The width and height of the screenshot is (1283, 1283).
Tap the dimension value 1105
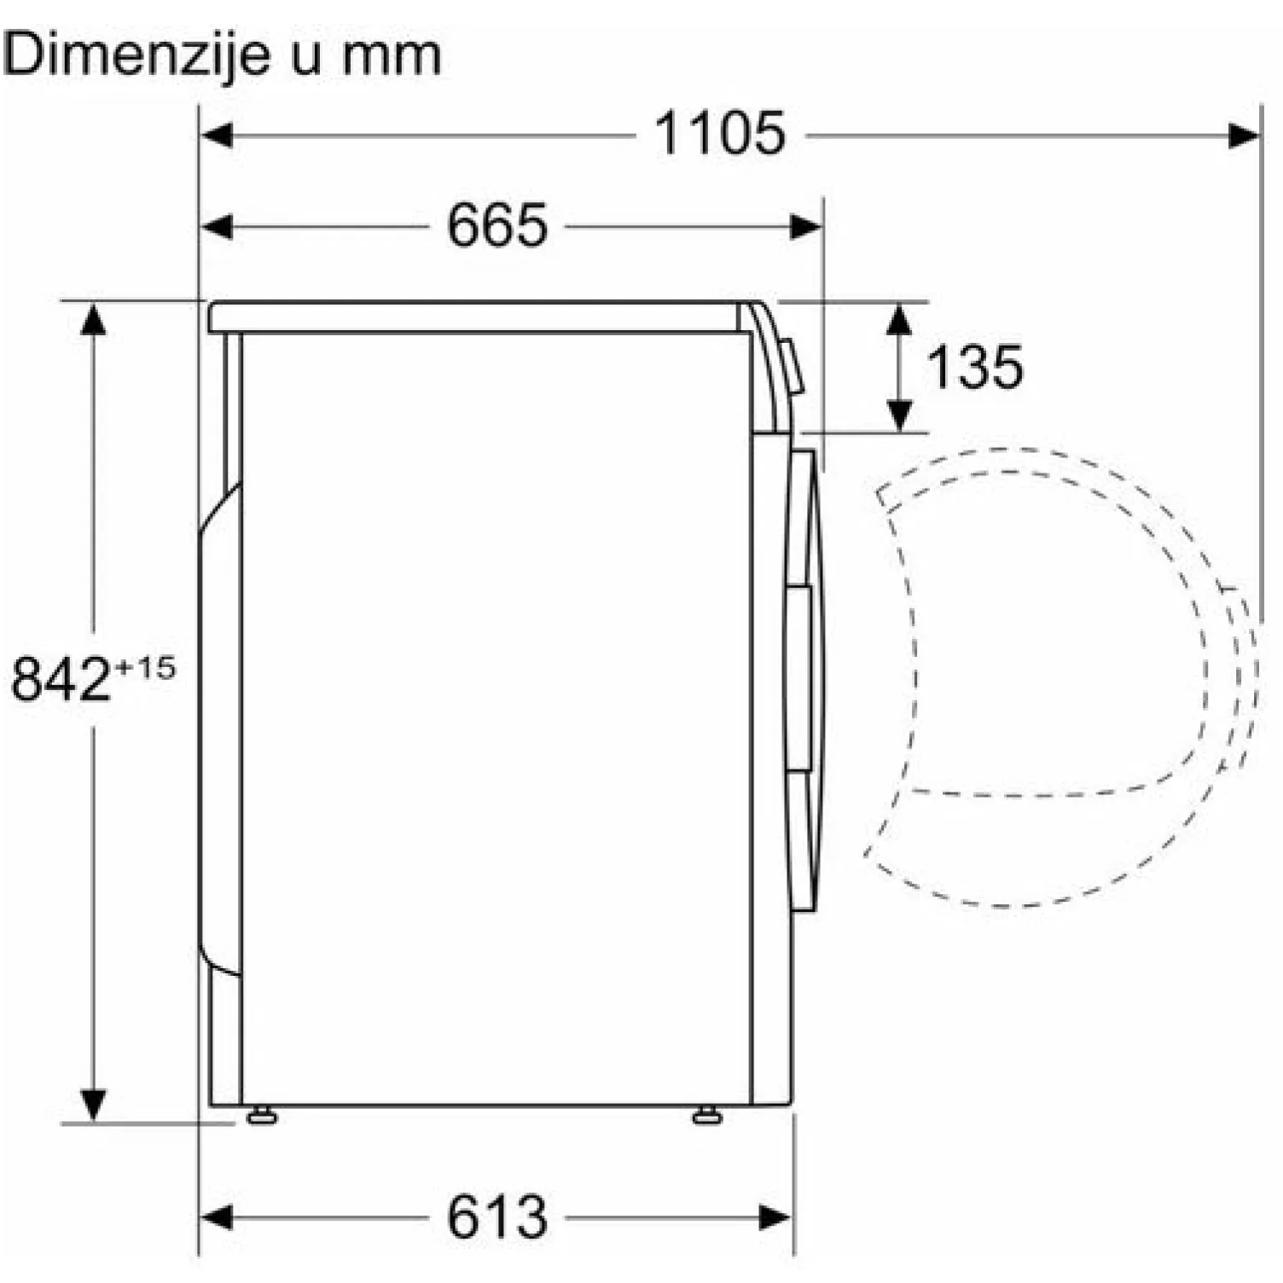click(719, 134)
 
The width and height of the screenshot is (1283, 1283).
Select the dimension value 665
click(496, 227)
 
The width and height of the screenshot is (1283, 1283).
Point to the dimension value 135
click(974, 368)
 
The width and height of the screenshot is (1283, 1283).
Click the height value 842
click(61, 679)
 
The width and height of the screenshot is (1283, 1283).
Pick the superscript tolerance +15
click(145, 667)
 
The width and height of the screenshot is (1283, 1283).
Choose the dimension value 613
click(496, 1217)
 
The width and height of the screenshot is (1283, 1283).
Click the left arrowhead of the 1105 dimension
click(216, 135)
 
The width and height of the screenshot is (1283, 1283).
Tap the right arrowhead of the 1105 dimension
click(1245, 135)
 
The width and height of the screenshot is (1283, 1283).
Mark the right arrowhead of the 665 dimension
click(806, 227)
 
